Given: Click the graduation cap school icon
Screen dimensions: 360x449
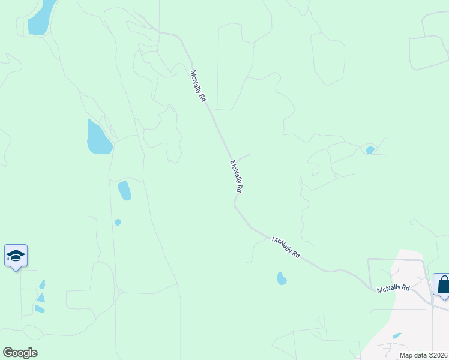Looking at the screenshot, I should [16, 257].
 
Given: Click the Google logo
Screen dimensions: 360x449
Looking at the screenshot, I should [20, 353].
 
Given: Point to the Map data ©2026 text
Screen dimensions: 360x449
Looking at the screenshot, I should [424, 355].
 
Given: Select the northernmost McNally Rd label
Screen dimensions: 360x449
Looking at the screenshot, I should [199, 86].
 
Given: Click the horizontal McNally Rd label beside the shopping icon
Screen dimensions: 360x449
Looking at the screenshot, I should [393, 289].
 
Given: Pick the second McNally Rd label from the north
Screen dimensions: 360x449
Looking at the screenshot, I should [237, 176].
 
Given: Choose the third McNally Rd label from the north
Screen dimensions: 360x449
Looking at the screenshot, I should [286, 247].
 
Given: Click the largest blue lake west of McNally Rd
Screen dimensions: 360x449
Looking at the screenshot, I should [98, 138].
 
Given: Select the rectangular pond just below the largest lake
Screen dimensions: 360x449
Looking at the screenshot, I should [125, 190].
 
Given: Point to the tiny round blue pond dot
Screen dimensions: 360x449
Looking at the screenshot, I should [118, 222].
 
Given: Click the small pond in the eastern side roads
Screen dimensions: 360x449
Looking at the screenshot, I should [370, 150].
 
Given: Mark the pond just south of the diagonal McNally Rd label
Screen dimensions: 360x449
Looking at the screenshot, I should [281, 278].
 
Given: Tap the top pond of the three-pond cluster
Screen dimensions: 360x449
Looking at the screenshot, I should [42, 284].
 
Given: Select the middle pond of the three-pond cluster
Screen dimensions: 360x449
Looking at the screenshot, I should [40, 297].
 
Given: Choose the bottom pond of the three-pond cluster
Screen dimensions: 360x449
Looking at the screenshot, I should [40, 309].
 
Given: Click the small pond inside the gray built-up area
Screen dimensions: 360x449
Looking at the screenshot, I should [397, 336].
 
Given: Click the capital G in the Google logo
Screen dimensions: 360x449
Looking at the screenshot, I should [7, 353].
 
